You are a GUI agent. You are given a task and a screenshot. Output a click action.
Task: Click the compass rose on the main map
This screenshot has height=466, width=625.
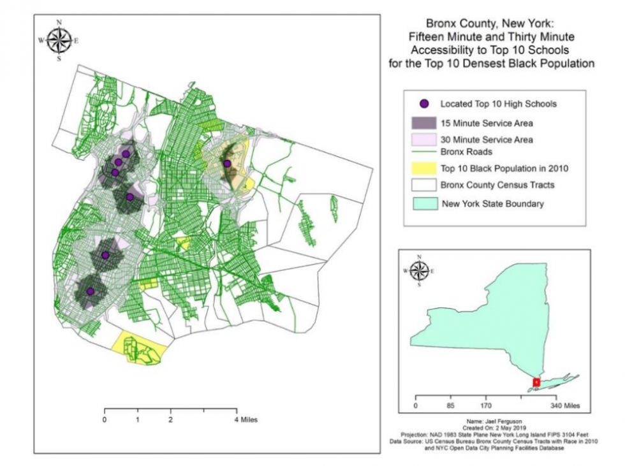point(59,41)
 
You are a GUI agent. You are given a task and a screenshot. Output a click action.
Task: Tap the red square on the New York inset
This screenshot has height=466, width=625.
point(536,382)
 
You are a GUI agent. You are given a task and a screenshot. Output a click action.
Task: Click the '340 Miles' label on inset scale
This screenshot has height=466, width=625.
point(565,405)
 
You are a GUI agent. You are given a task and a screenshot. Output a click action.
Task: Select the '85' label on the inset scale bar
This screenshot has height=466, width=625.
point(450,405)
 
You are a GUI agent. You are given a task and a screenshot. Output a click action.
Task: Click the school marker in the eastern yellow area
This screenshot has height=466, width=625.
point(227,164)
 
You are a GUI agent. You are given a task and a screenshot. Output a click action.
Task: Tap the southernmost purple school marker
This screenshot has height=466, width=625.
point(90,291)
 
